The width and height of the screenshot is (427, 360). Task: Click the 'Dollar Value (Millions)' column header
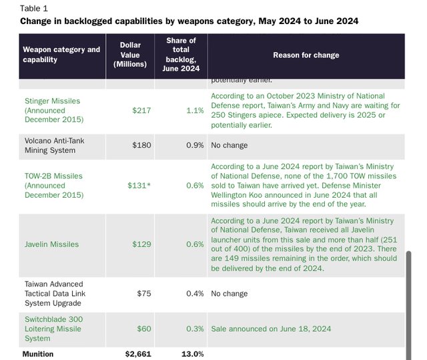pyautogui.click(x=130, y=55)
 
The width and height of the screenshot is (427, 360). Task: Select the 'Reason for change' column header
pyautogui.click(x=306, y=55)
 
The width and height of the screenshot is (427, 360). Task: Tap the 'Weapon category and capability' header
pyautogui.click(x=61, y=55)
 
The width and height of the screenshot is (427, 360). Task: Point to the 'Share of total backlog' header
pyautogui.click(x=181, y=55)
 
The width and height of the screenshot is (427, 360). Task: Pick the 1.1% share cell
pyautogui.click(x=195, y=110)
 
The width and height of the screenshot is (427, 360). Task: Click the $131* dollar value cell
pyautogui.click(x=139, y=186)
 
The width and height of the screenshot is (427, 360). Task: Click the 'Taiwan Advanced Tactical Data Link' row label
pyautogui.click(x=55, y=293)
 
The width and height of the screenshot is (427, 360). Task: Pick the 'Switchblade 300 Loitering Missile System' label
pyautogui.click(x=54, y=329)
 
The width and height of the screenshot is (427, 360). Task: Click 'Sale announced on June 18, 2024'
pyautogui.click(x=271, y=329)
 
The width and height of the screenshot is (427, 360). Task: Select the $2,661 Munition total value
pyautogui.click(x=138, y=354)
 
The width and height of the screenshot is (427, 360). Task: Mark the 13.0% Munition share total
pyautogui.click(x=192, y=354)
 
